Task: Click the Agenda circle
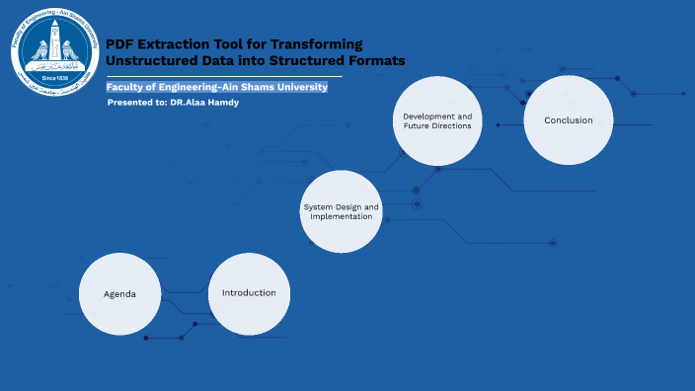click(x=119, y=294)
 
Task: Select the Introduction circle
click(x=249, y=293)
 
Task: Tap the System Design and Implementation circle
click(x=341, y=211)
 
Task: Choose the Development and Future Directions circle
click(x=437, y=120)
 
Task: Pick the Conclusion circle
click(x=568, y=120)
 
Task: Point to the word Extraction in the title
click(x=179, y=44)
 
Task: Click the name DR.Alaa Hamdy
click(x=204, y=103)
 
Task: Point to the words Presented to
click(x=137, y=103)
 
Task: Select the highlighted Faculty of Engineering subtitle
click(x=216, y=87)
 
